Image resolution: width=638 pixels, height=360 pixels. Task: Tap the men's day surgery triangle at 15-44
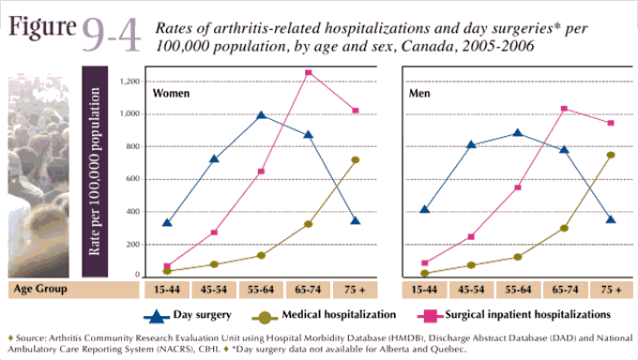tap(425, 208)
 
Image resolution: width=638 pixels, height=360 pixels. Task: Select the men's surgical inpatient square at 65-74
tap(564, 109)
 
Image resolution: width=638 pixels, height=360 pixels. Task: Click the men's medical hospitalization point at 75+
tap(610, 155)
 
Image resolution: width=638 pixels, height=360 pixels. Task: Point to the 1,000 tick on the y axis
tap(130, 113)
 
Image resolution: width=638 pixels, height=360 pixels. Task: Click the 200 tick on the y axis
tap(132, 244)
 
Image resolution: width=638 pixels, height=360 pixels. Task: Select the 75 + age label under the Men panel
tap(610, 290)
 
